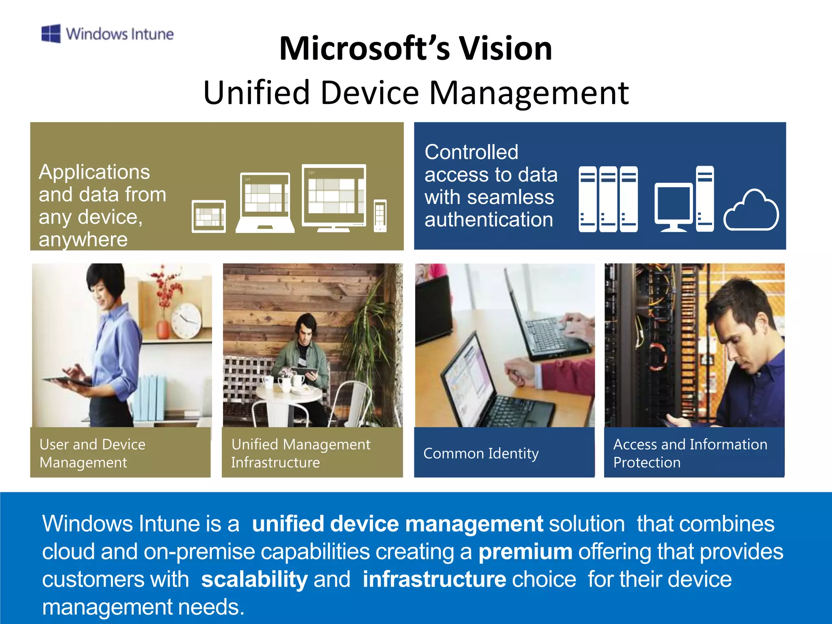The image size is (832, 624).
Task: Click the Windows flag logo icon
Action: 51,33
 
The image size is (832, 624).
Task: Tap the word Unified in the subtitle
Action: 256,93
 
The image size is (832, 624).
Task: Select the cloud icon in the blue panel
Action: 751,211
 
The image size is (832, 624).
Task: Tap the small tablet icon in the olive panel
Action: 208,216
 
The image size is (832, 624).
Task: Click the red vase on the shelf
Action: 163,329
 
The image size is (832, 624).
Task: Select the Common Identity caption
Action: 481,453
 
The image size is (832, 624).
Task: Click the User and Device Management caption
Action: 92,453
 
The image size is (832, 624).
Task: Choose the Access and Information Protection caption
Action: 690,453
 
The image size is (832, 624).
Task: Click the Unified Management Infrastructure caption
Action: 301,453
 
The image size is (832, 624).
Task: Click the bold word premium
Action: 525,552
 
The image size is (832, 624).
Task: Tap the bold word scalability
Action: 254,579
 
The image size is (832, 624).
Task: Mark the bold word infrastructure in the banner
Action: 434,579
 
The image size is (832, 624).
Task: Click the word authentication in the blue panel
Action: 489,220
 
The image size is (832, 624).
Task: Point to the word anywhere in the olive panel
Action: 83,239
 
